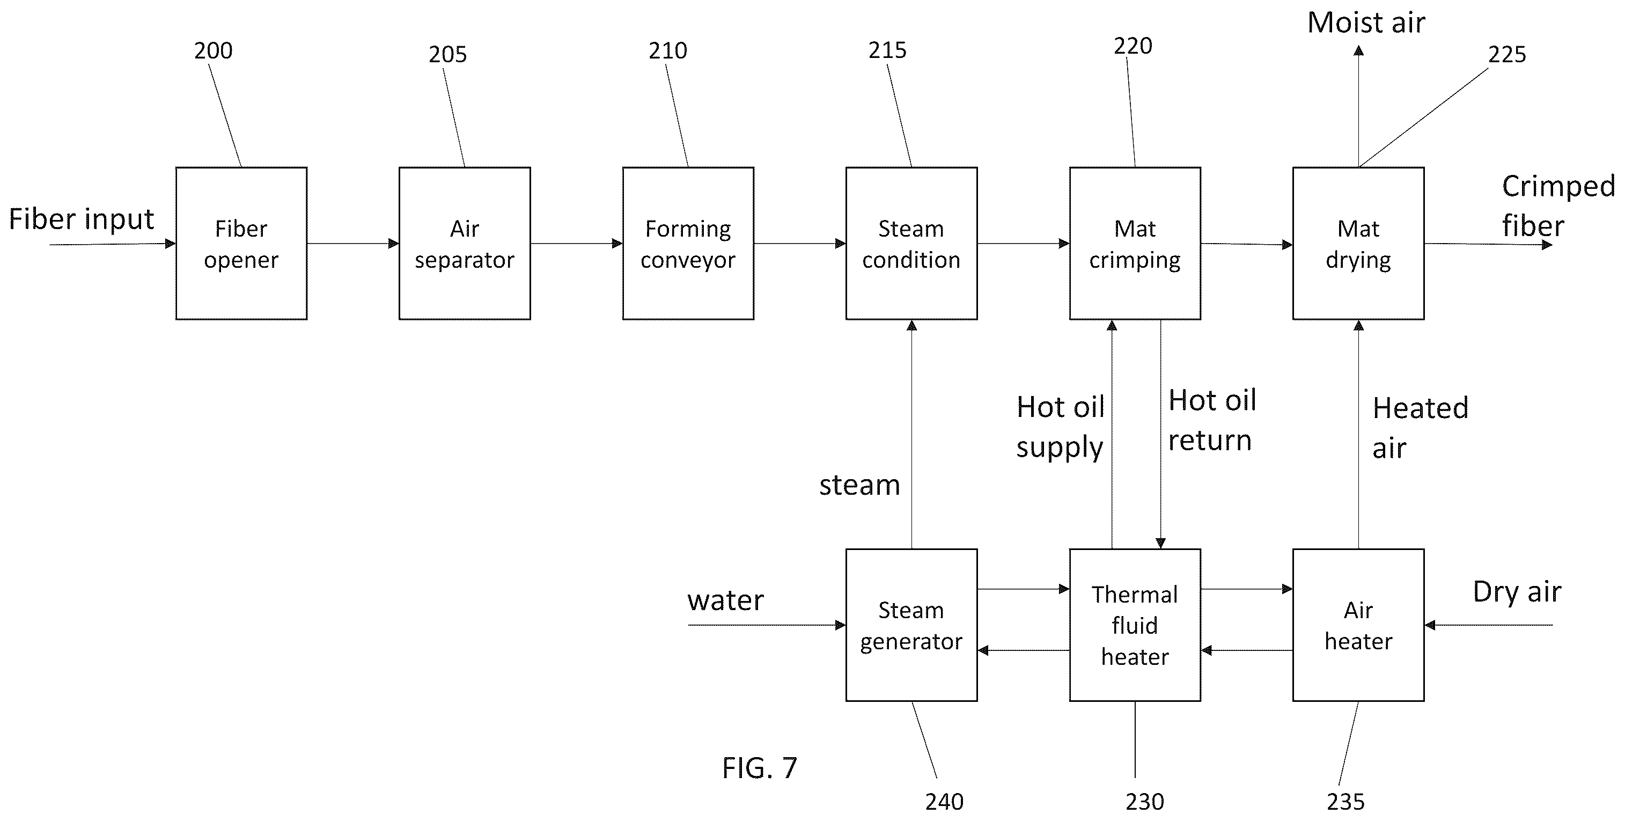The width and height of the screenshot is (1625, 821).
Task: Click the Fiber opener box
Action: tap(241, 244)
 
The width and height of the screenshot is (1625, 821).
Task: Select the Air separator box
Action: tap(465, 244)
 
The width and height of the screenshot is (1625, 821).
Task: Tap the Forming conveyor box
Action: tap(688, 244)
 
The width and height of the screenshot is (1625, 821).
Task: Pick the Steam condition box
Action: tap(911, 244)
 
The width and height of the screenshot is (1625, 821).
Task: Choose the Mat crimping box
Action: tap(1135, 244)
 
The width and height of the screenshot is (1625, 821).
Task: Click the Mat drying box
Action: tap(1358, 244)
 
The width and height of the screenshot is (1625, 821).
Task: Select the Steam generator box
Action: tap(911, 625)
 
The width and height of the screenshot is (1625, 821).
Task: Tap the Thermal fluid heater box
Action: tap(1135, 625)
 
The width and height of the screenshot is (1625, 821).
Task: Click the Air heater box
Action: tap(1358, 625)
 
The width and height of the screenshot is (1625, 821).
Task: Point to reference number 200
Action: tap(213, 50)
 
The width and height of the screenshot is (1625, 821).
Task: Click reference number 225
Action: tap(1507, 55)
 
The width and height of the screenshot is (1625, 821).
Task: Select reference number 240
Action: tap(944, 802)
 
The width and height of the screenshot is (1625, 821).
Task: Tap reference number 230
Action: tap(1144, 802)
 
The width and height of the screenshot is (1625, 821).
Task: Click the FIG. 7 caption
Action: tap(760, 768)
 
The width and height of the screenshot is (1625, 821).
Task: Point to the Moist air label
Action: tap(1366, 23)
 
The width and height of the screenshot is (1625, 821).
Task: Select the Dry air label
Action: tap(1517, 592)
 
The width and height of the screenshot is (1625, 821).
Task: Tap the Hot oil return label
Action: tap(1212, 420)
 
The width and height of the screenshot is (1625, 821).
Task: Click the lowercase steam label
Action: tap(859, 485)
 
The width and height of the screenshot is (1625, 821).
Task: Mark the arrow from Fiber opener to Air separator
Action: tap(353, 244)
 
